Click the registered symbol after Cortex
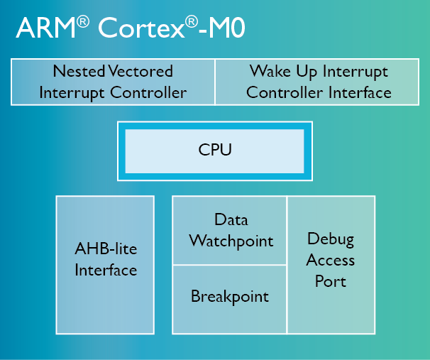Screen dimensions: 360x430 191,21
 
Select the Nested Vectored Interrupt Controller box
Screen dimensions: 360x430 113,82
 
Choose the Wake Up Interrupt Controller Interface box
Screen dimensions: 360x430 319,82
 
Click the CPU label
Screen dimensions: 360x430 215,150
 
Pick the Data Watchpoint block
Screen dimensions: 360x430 230,230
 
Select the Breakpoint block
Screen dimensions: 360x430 230,297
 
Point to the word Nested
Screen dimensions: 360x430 79,72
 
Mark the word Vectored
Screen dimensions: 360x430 141,72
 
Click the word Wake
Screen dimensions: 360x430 270,72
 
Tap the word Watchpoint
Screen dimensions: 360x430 231,241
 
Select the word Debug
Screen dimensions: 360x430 331,239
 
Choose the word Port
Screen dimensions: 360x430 331,281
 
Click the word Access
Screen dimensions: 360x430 331,260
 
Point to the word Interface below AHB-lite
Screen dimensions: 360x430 106,271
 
